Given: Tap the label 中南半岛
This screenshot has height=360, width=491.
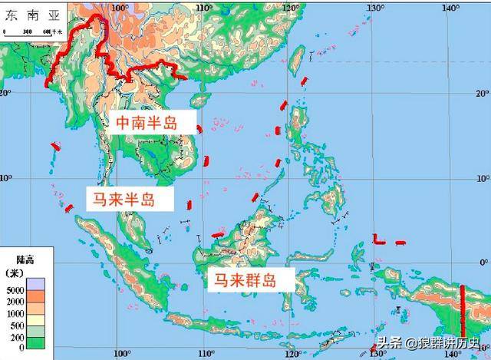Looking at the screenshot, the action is (152, 123).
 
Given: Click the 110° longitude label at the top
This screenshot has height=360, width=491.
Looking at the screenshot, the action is (203, 8).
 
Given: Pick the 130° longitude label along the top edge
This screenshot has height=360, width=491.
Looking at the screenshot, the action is (374, 8).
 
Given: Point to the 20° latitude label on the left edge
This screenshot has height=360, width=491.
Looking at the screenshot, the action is (6, 92).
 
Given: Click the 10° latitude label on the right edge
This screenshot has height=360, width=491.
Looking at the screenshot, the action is (483, 178).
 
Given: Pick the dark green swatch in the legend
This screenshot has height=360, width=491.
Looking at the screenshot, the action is (35, 347).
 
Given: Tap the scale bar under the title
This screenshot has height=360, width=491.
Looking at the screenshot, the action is (27, 31).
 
